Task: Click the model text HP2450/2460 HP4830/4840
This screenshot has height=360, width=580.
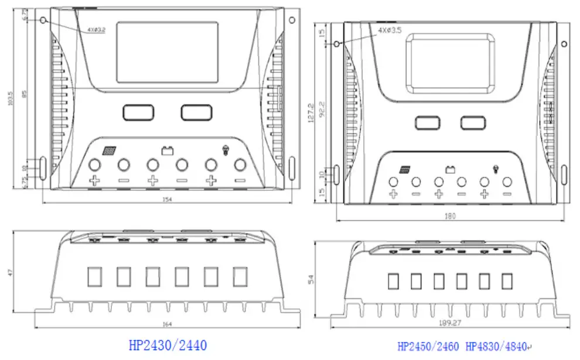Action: click(x=463, y=347)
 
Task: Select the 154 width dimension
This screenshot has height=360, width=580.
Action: click(x=169, y=199)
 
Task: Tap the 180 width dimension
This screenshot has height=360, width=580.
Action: click(x=450, y=216)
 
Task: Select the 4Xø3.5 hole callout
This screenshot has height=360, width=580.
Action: click(x=390, y=30)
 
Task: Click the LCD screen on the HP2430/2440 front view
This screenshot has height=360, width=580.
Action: click(x=168, y=52)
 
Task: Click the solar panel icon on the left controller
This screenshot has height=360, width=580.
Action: click(x=109, y=150)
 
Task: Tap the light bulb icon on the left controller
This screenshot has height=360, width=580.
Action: click(x=224, y=150)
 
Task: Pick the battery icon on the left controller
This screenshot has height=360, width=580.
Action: click(x=168, y=150)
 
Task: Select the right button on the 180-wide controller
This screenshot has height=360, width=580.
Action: click(x=472, y=122)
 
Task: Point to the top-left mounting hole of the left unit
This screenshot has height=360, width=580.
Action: click(x=45, y=20)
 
